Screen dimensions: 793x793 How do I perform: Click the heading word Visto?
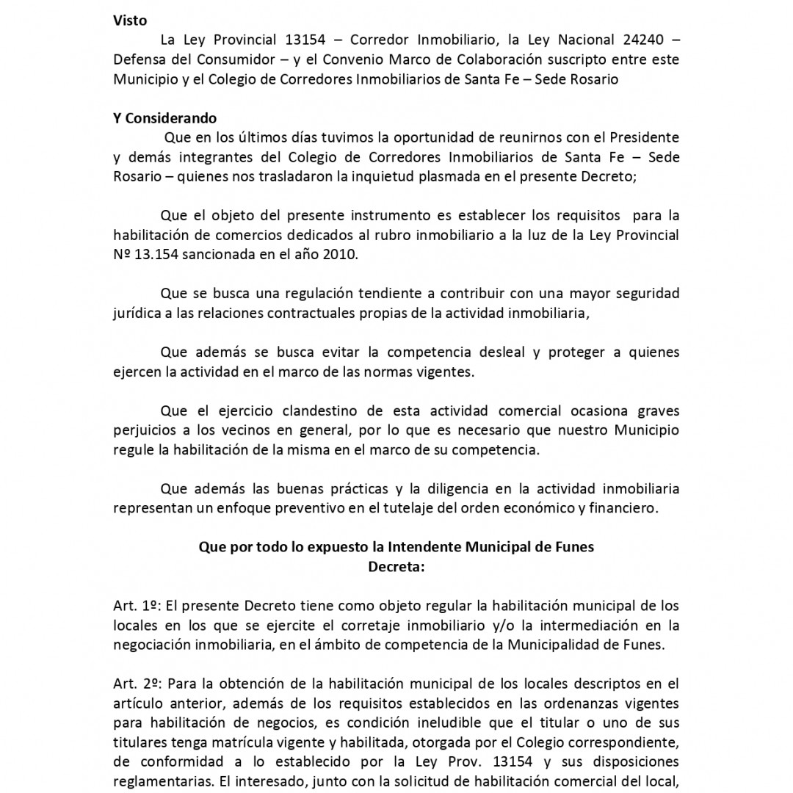pos(130,21)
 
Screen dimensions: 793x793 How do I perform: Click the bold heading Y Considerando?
pos(165,117)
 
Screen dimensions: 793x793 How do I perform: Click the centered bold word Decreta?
pos(396,566)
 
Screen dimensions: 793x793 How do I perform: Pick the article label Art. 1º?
pos(137,606)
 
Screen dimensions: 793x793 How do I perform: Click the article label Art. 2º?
pos(137,684)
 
